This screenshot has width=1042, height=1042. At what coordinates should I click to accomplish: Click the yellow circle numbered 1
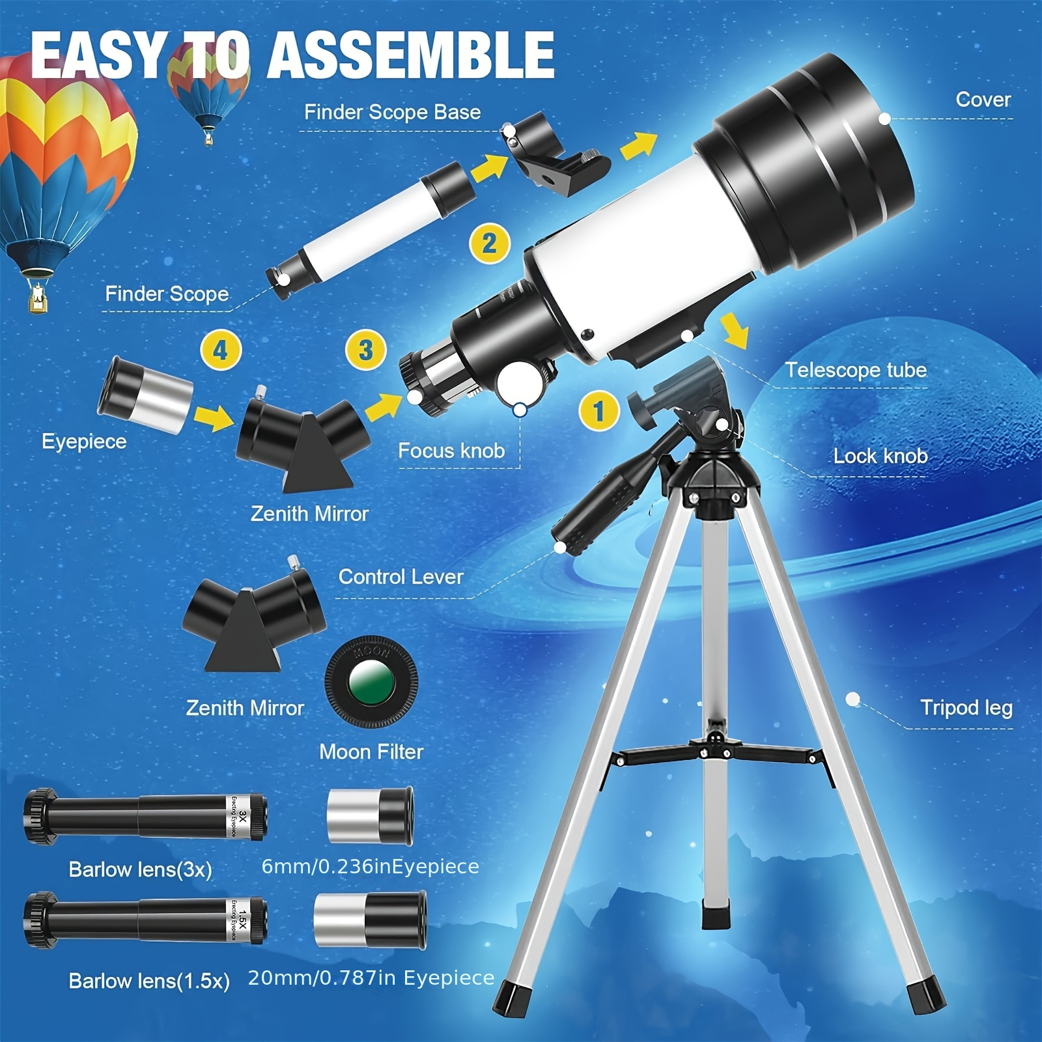click(599, 410)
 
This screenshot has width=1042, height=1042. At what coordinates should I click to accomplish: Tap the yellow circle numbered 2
click(490, 244)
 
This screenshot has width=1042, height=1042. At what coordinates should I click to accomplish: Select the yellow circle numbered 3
click(366, 350)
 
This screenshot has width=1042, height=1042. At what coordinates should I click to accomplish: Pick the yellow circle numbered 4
click(221, 350)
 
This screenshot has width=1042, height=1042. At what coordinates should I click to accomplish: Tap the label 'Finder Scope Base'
click(393, 112)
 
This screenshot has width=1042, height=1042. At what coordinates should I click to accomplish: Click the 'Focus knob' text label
click(451, 450)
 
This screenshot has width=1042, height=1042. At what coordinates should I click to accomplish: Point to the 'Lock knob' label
click(880, 456)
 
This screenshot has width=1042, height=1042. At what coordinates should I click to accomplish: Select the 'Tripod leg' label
click(966, 707)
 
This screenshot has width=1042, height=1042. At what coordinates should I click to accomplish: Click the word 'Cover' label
click(983, 99)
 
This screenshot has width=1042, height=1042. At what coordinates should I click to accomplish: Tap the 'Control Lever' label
click(401, 576)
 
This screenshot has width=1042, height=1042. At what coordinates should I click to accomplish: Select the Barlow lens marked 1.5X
click(145, 920)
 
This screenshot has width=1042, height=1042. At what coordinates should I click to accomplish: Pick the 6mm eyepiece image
click(370, 815)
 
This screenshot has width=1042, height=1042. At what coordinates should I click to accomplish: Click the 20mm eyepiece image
click(370, 920)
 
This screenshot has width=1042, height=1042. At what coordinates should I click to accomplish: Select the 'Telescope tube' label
click(855, 370)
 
